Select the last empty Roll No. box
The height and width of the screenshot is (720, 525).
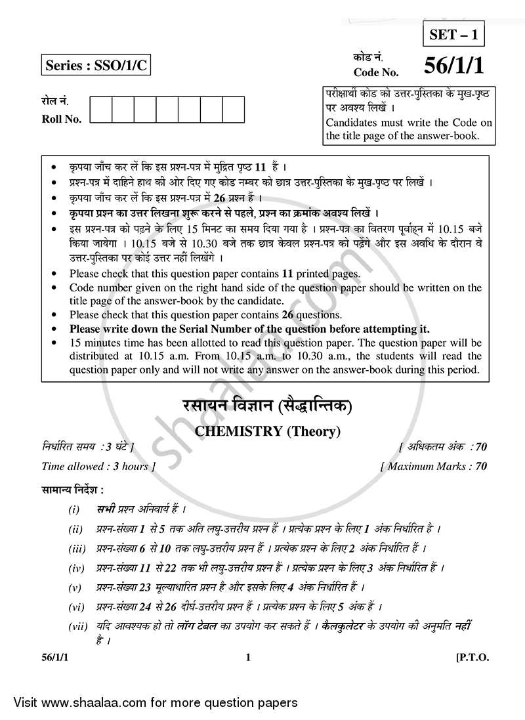(233, 110)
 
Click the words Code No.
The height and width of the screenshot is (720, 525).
(375, 72)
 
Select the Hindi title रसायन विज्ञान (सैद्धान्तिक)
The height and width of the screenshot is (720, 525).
(262, 408)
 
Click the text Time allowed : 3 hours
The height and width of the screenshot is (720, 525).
(98, 467)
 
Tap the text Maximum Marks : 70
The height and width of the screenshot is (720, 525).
(434, 467)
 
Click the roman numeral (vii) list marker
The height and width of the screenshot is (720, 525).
(78, 626)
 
